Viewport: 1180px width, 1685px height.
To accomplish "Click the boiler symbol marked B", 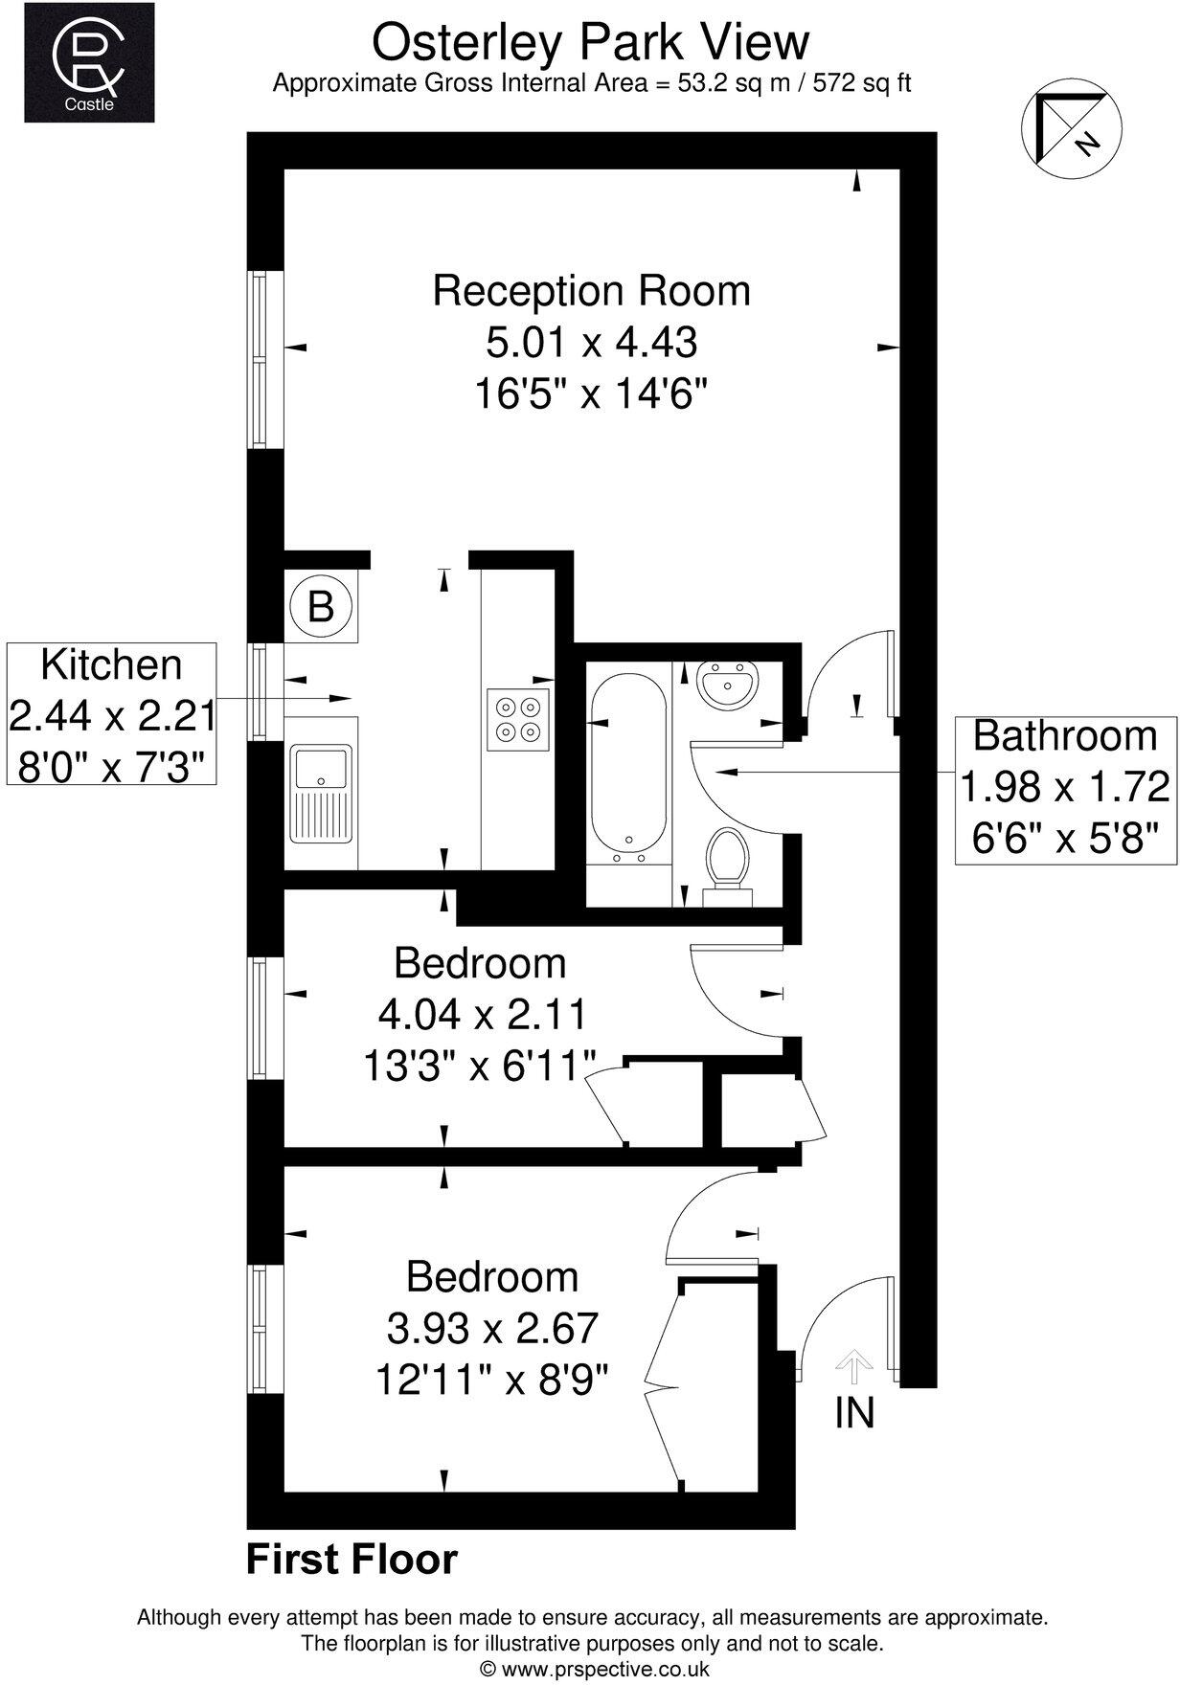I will tap(321, 606).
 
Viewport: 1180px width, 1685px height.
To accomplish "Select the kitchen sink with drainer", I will tap(323, 793).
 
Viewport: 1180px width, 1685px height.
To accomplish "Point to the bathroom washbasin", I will tap(730, 685).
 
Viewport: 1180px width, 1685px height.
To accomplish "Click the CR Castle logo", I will tap(88, 62).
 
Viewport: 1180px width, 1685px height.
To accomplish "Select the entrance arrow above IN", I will tap(851, 1366).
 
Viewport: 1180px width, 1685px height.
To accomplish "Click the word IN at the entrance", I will tap(854, 1413).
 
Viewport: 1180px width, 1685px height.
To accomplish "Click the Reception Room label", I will tap(591, 291).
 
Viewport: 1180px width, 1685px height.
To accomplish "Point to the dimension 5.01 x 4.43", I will tap(591, 342).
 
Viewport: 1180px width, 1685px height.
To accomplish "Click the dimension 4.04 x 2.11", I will tap(482, 1013).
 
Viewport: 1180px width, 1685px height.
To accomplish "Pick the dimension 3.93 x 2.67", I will tap(492, 1328).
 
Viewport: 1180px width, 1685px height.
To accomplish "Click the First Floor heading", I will tap(352, 1560).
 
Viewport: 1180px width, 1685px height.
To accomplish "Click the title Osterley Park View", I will tap(590, 42).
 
